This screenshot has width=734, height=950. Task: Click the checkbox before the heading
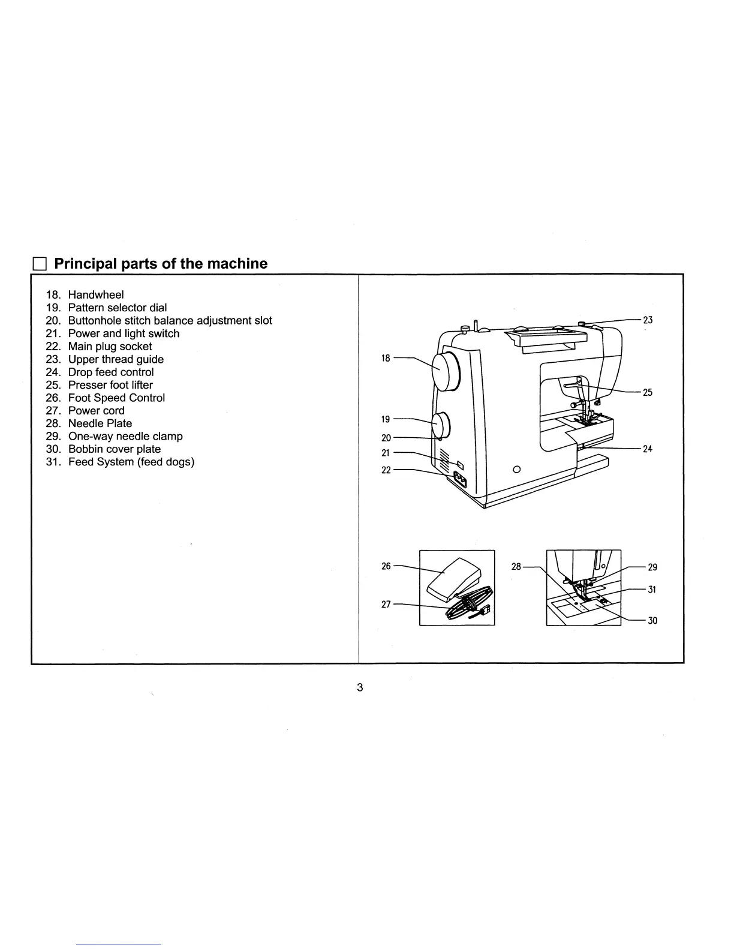(x=40, y=264)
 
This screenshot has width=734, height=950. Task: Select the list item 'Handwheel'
(x=95, y=294)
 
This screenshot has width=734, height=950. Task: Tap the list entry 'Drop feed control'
(x=110, y=372)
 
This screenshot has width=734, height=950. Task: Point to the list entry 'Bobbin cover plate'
(x=114, y=449)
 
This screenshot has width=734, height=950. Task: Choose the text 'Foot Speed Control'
(x=116, y=398)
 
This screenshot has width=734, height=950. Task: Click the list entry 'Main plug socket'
(x=110, y=346)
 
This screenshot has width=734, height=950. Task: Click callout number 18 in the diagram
(x=386, y=358)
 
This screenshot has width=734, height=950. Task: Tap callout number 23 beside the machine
(x=648, y=320)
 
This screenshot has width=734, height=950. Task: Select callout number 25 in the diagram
(x=648, y=393)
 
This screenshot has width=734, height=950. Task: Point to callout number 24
(x=648, y=449)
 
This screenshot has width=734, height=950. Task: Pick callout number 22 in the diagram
(x=386, y=470)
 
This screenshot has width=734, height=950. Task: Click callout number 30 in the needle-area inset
(x=652, y=621)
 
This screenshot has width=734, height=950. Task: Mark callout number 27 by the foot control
(x=386, y=605)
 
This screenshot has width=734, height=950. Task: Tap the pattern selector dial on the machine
(x=441, y=425)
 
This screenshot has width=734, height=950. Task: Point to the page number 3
(x=360, y=687)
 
